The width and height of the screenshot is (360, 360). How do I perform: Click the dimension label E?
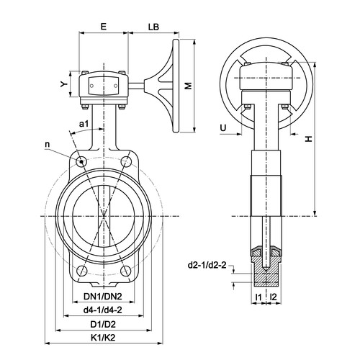tap(104, 26)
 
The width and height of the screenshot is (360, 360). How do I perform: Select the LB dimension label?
tap(153, 27)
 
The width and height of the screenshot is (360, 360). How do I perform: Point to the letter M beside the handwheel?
tap(189, 86)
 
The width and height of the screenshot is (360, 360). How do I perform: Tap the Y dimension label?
tap(63, 84)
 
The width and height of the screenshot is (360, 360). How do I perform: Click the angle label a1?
tap(84, 124)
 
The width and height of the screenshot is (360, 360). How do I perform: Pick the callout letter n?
tap(48, 144)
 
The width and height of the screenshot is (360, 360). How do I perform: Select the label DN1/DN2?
tap(103, 296)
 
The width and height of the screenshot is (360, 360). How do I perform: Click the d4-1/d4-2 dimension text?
tap(103, 310)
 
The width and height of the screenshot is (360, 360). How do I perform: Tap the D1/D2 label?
tap(103, 324)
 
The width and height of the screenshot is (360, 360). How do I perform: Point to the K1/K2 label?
tap(103, 338)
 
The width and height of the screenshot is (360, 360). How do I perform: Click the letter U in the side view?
tap(223, 128)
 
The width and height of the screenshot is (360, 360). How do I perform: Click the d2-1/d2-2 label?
tap(207, 265)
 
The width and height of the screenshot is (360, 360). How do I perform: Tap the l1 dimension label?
tap(258, 297)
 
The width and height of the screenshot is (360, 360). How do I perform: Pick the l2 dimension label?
tap(274, 297)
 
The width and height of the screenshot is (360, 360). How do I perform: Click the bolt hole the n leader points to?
tap(81, 162)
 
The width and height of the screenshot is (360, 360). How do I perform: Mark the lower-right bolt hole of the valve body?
tap(126, 271)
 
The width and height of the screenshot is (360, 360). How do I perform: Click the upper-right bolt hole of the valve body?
tap(126, 161)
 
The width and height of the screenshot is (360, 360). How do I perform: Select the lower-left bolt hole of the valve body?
tap(81, 271)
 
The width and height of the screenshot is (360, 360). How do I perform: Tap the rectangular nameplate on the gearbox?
tap(104, 86)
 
